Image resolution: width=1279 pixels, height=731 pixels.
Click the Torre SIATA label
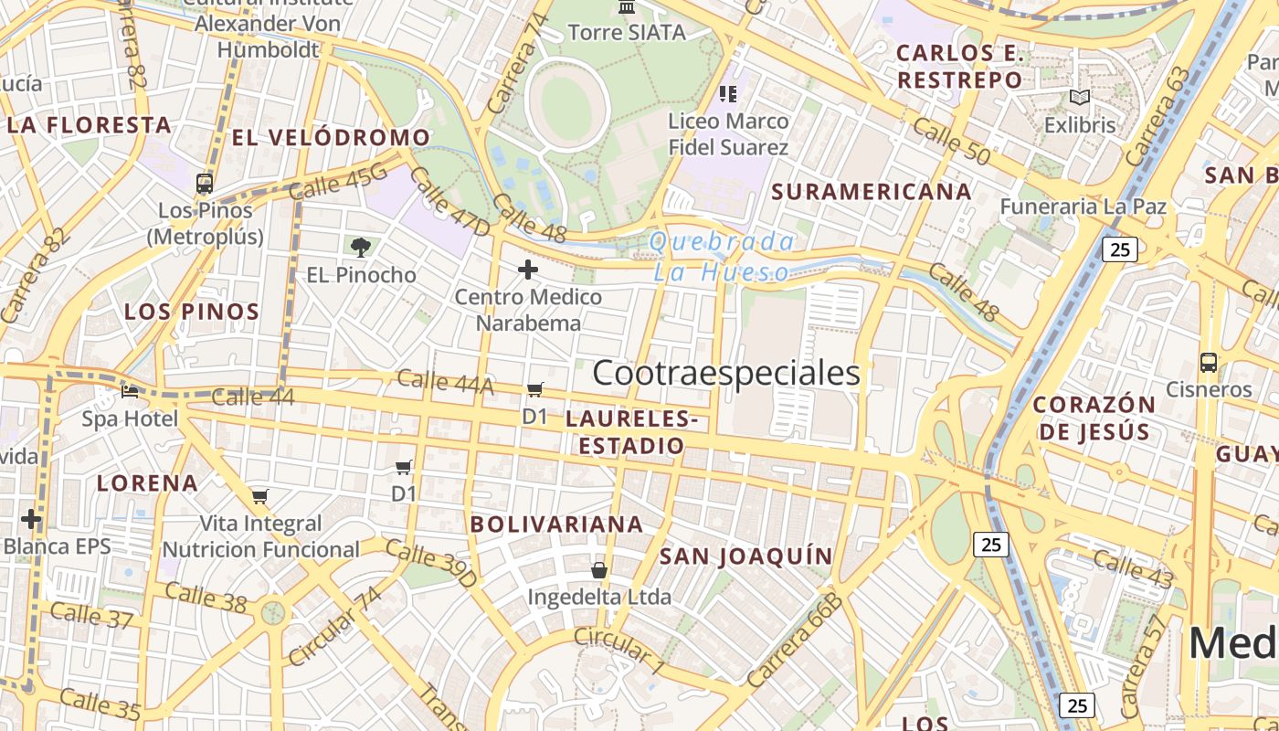pyautogui.click(x=627, y=33)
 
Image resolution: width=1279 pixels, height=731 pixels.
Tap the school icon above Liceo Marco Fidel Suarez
pyautogui.click(x=728, y=93)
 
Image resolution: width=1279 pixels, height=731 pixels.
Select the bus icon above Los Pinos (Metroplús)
pyautogui.click(x=205, y=184)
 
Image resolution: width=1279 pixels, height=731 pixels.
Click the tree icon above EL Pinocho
pyautogui.click(x=361, y=247)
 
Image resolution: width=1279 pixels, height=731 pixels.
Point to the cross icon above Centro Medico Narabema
pyautogui.click(x=528, y=270)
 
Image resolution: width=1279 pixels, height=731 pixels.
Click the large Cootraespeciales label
pyautogui.click(x=726, y=373)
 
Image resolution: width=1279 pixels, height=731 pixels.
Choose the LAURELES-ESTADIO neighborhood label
pyautogui.click(x=631, y=432)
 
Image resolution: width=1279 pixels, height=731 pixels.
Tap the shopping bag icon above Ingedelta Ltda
pyautogui.click(x=599, y=570)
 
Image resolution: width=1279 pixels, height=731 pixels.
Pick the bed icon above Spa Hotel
pyautogui.click(x=130, y=392)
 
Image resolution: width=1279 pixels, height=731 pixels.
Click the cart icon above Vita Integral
pyautogui.click(x=260, y=497)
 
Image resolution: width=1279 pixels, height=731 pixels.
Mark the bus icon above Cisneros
pyautogui.click(x=1209, y=363)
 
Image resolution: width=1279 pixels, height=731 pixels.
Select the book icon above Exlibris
pyautogui.click(x=1080, y=97)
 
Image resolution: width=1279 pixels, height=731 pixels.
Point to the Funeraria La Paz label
pyautogui.click(x=1083, y=207)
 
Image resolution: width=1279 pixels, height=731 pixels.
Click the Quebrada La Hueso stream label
pyautogui.click(x=722, y=257)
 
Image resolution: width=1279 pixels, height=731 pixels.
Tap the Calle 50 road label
pyautogui.click(x=951, y=143)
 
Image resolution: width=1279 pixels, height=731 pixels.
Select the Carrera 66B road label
pyautogui.click(x=793, y=640)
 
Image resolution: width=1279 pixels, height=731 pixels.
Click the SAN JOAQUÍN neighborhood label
pyautogui.click(x=746, y=556)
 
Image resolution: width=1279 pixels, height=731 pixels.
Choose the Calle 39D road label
pyautogui.click(x=431, y=563)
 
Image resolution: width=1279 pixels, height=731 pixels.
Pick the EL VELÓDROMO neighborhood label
pyautogui.click(x=331, y=138)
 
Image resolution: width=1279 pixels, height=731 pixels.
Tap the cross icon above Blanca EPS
pyautogui.click(x=31, y=520)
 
